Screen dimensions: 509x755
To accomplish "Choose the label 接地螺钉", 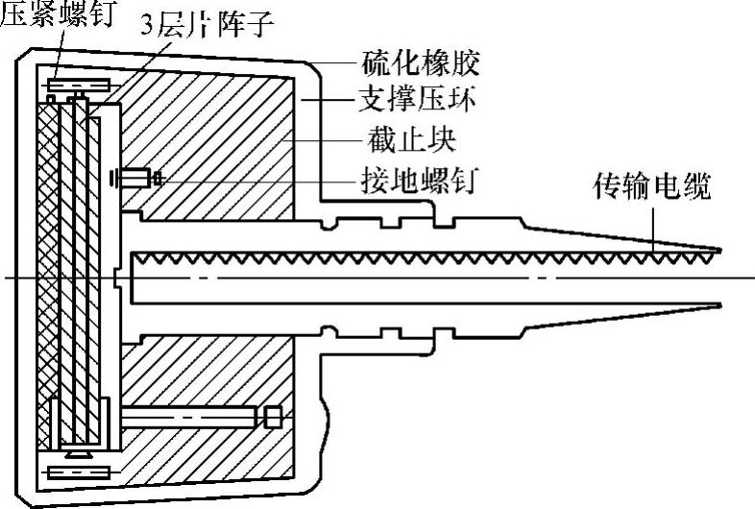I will [x=416, y=179].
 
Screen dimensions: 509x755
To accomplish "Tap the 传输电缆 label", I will [x=653, y=186].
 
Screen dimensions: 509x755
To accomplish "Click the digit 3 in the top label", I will [x=146, y=18].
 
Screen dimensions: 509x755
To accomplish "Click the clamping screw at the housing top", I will [x=77, y=85].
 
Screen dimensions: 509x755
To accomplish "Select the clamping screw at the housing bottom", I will [x=77, y=472].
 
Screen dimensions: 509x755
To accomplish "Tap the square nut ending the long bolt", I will [x=272, y=417].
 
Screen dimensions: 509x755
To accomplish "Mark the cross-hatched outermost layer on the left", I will [x=43, y=279].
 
